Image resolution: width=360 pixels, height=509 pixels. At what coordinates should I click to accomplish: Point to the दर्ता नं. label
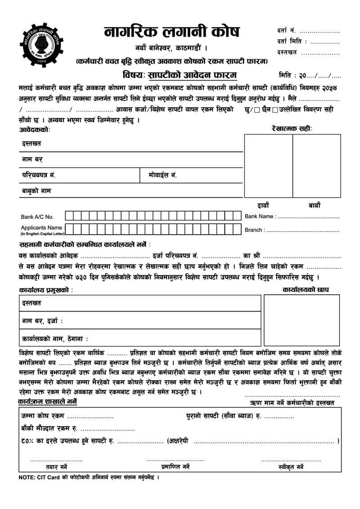[x=286, y=31]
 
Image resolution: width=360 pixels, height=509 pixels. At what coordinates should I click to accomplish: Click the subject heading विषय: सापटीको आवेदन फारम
[x=180, y=75]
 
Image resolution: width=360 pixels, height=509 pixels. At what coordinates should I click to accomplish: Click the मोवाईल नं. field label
[x=162, y=175]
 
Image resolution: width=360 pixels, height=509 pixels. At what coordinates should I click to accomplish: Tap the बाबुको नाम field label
[x=36, y=191]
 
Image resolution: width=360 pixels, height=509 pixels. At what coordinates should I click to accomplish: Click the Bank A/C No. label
[x=37, y=217]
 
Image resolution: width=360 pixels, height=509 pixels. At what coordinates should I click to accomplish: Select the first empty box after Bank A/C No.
[x=70, y=216]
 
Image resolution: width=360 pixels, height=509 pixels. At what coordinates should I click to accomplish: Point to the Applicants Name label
[x=42, y=228]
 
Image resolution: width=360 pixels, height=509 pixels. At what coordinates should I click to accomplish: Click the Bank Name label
[x=260, y=216]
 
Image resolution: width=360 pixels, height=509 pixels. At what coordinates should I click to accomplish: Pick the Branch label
[x=254, y=230]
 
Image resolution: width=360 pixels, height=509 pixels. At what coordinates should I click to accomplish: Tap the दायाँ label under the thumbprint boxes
[x=263, y=205]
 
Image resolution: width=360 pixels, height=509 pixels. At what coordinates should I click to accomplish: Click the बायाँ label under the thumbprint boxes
[x=315, y=205]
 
